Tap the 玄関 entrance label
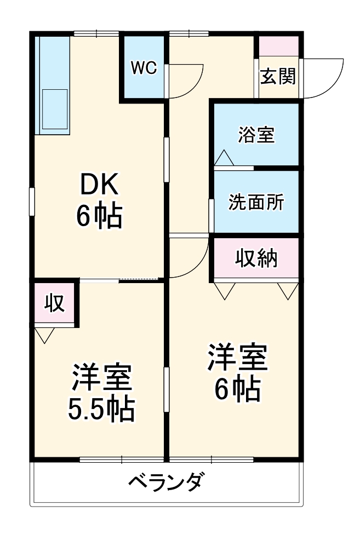(x=277, y=77)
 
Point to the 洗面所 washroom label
(x=256, y=203)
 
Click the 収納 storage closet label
(x=256, y=258)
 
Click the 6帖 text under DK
(x=99, y=217)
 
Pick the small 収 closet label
(x=55, y=303)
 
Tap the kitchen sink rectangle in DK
(x=54, y=110)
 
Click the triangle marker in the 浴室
(x=224, y=158)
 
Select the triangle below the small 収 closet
(x=44, y=335)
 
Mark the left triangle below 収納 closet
(x=225, y=290)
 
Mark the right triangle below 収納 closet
(x=288, y=290)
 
